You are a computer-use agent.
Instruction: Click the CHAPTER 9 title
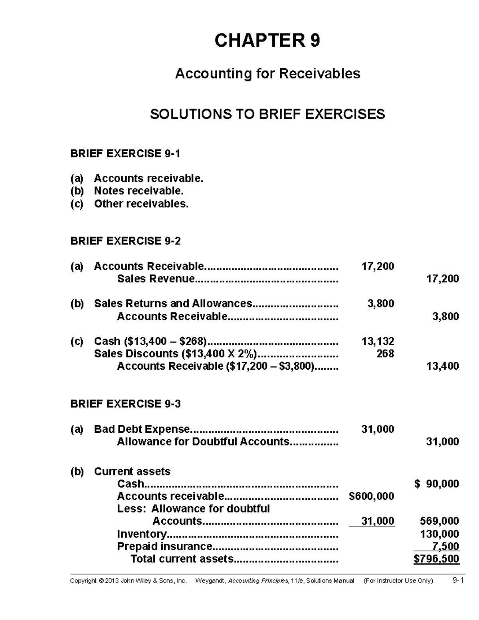(x=267, y=41)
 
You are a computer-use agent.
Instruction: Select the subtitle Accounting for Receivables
(x=267, y=74)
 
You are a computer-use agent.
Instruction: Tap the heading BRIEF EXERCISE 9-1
(x=125, y=154)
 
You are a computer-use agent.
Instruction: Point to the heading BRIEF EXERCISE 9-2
(x=125, y=241)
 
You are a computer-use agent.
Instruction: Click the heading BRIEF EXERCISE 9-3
(x=125, y=404)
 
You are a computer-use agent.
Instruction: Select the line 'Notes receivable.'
(x=139, y=191)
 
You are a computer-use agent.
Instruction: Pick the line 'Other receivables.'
(x=141, y=204)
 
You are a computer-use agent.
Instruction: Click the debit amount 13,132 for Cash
(x=378, y=341)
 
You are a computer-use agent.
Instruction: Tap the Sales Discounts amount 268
(x=385, y=354)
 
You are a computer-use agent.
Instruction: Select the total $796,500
(x=436, y=559)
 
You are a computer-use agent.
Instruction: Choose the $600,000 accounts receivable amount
(x=371, y=496)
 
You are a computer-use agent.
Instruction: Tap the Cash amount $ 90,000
(x=436, y=484)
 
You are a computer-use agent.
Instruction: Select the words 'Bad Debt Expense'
(x=142, y=429)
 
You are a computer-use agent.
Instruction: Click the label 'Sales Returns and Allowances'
(x=173, y=304)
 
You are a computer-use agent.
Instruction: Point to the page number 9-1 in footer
(x=458, y=581)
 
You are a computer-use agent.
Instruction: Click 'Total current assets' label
(x=182, y=559)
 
